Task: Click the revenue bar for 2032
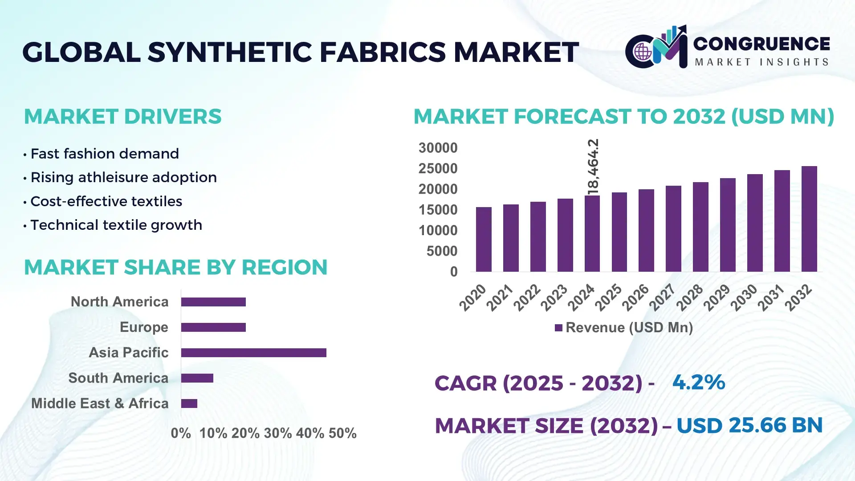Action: [x=809, y=219]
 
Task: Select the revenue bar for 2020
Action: [x=484, y=239]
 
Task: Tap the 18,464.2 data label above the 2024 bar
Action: [x=593, y=167]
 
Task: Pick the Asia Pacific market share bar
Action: [x=253, y=353]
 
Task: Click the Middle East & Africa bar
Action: [x=189, y=404]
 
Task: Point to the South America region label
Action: [x=118, y=378]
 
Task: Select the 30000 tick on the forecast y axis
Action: [x=438, y=148]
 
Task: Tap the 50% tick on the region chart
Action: [x=342, y=433]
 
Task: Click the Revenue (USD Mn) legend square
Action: [x=558, y=328]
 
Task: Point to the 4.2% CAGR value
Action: [x=699, y=382]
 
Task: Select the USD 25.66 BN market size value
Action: [x=749, y=425]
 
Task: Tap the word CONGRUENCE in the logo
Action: [x=761, y=44]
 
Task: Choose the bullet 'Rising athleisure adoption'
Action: [x=123, y=177]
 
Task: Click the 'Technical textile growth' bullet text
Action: [x=116, y=225]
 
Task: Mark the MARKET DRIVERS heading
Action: [x=122, y=117]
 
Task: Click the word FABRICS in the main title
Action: [x=383, y=52]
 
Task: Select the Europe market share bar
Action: [x=213, y=327]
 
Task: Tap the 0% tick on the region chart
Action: [x=181, y=433]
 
